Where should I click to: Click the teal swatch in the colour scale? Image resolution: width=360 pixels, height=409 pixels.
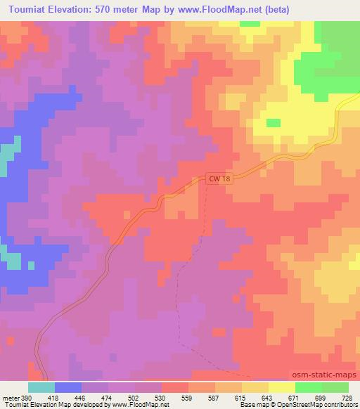point(41,387)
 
